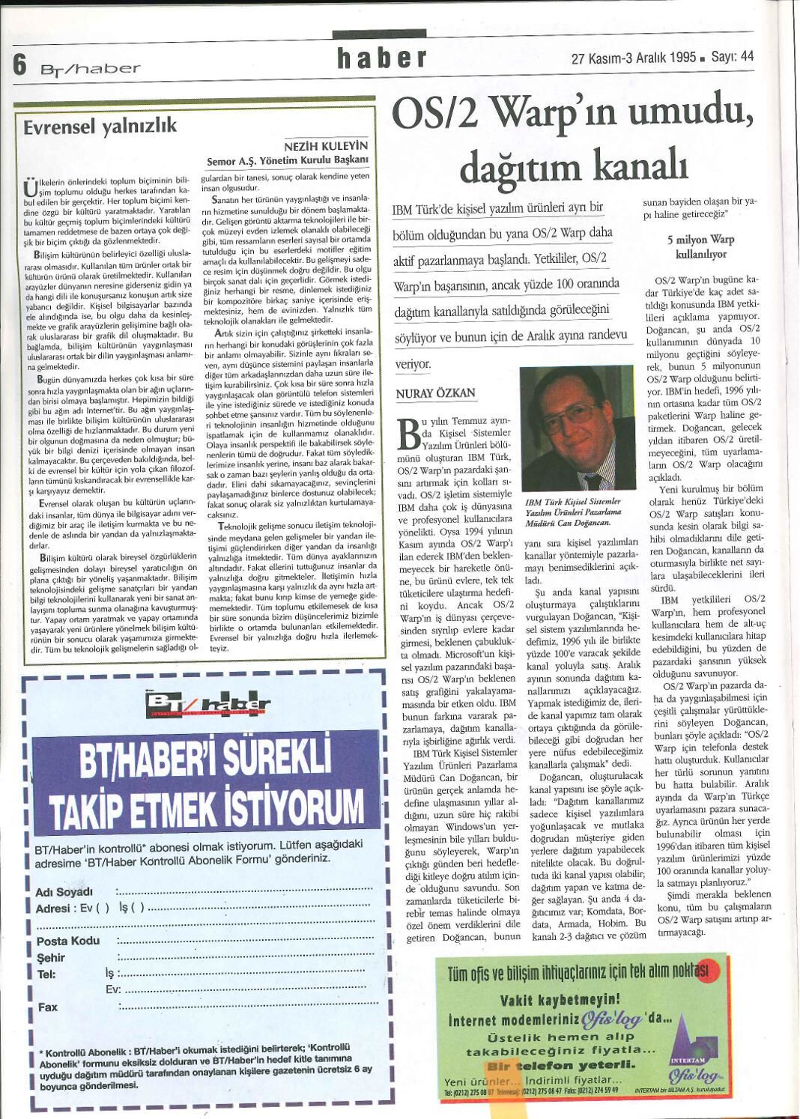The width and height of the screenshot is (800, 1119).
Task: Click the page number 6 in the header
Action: coord(20,65)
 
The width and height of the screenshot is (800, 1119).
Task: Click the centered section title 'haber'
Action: coord(381,58)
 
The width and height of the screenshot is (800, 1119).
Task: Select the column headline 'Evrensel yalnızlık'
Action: coord(100,126)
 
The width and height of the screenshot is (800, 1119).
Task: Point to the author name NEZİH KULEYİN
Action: coord(326,147)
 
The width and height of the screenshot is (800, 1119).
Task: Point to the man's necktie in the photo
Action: coord(589,476)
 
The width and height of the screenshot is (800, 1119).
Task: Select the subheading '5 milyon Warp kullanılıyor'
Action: coord(700,246)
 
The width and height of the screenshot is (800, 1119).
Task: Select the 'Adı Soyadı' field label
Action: coord(64,892)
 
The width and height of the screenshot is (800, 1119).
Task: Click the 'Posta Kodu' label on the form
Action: coord(68,941)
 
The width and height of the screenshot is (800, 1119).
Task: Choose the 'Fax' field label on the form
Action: coord(47,1007)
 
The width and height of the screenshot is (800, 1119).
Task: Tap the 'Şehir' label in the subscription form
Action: coord(51,957)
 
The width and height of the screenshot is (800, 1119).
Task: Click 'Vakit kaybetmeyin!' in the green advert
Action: coord(560,998)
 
